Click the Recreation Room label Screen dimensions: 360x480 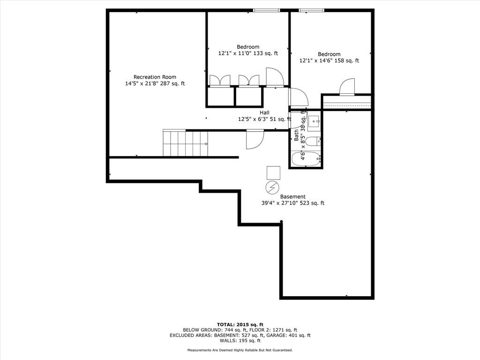click(155, 77)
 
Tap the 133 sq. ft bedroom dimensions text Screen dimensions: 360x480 click(248, 53)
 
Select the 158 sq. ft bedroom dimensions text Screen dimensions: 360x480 click(329, 60)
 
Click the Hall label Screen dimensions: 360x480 click(265, 112)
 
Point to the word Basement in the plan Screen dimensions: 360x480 click(293, 196)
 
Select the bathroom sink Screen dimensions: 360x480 click(314, 120)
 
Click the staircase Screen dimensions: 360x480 click(185, 143)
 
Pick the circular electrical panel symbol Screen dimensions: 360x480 click(272, 188)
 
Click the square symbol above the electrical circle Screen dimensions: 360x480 click(273, 172)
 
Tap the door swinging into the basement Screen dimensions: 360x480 click(255, 139)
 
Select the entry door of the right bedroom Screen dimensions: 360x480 click(347, 87)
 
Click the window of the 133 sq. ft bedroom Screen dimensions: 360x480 click(267, 10)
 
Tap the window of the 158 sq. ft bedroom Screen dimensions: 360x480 click(312, 10)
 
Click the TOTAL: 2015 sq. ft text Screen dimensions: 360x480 click(240, 324)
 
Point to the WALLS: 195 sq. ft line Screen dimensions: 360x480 click(240, 341)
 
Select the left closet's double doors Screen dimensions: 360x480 click(219, 81)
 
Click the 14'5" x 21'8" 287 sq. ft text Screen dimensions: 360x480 click(155, 84)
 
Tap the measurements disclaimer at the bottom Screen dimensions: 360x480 click(240, 350)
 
